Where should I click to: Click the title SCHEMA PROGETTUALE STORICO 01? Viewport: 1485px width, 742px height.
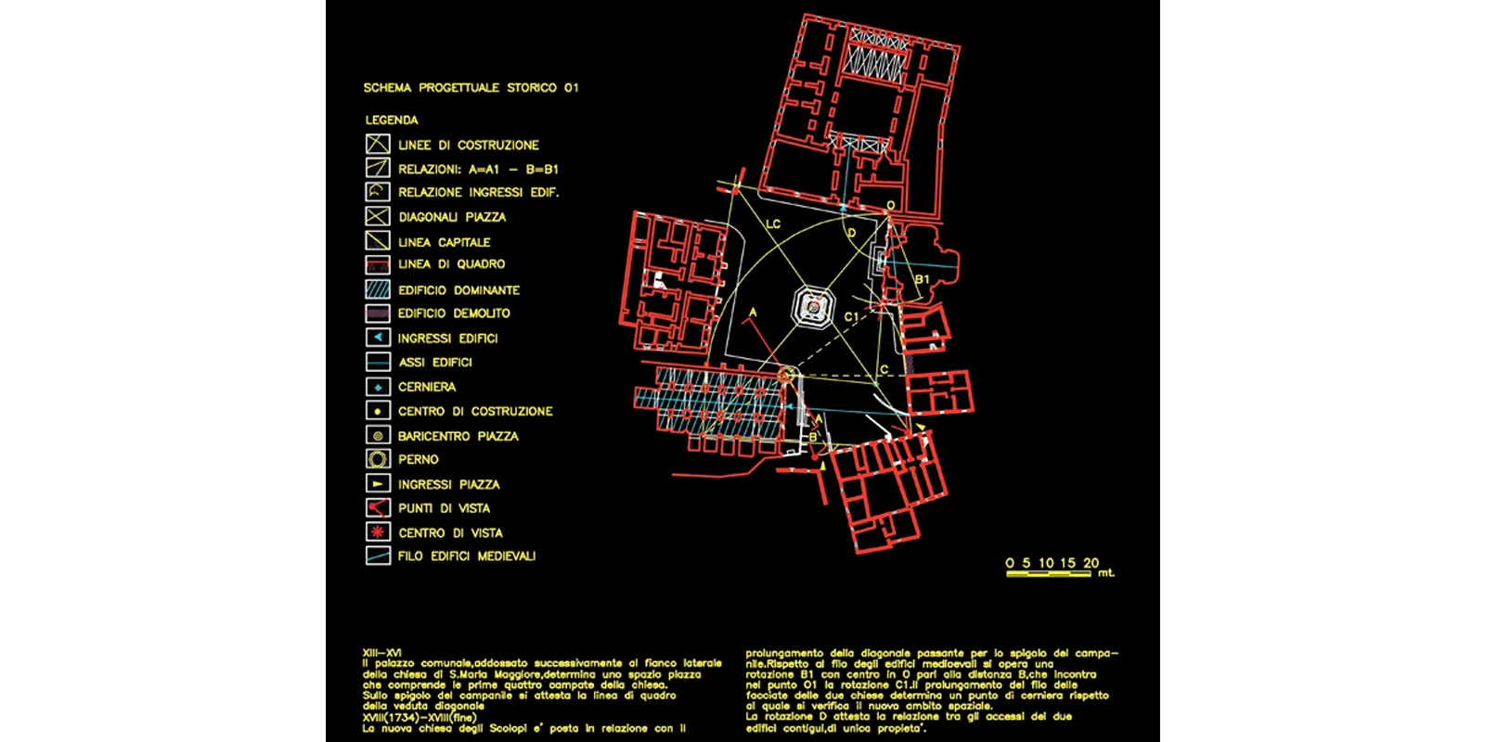471,88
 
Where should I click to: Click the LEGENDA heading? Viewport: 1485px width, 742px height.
392,121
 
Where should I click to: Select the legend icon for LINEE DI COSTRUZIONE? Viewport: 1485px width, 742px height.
378,144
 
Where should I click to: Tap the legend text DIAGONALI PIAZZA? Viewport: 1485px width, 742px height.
452,217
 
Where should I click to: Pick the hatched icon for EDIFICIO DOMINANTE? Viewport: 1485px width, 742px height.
378,289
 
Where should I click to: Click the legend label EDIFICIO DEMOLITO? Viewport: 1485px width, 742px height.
454,313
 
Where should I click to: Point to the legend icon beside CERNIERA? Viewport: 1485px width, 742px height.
378,387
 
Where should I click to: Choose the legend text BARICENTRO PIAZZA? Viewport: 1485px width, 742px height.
458,436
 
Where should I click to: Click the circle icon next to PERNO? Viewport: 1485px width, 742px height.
378,459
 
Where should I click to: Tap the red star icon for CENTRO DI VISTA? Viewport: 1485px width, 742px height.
378,532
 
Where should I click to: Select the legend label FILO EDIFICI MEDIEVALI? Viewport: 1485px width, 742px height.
467,556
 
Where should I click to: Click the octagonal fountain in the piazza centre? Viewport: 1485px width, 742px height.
813,307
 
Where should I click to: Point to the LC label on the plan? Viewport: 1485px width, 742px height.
773,224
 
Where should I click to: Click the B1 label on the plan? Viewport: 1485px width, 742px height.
922,279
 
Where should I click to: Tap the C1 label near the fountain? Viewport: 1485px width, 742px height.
851,317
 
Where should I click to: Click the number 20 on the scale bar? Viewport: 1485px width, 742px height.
1091,563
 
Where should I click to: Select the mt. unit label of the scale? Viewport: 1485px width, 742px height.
1105,573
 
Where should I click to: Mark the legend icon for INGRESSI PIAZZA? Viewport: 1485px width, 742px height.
378,483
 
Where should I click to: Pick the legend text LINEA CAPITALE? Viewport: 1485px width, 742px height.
444,242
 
